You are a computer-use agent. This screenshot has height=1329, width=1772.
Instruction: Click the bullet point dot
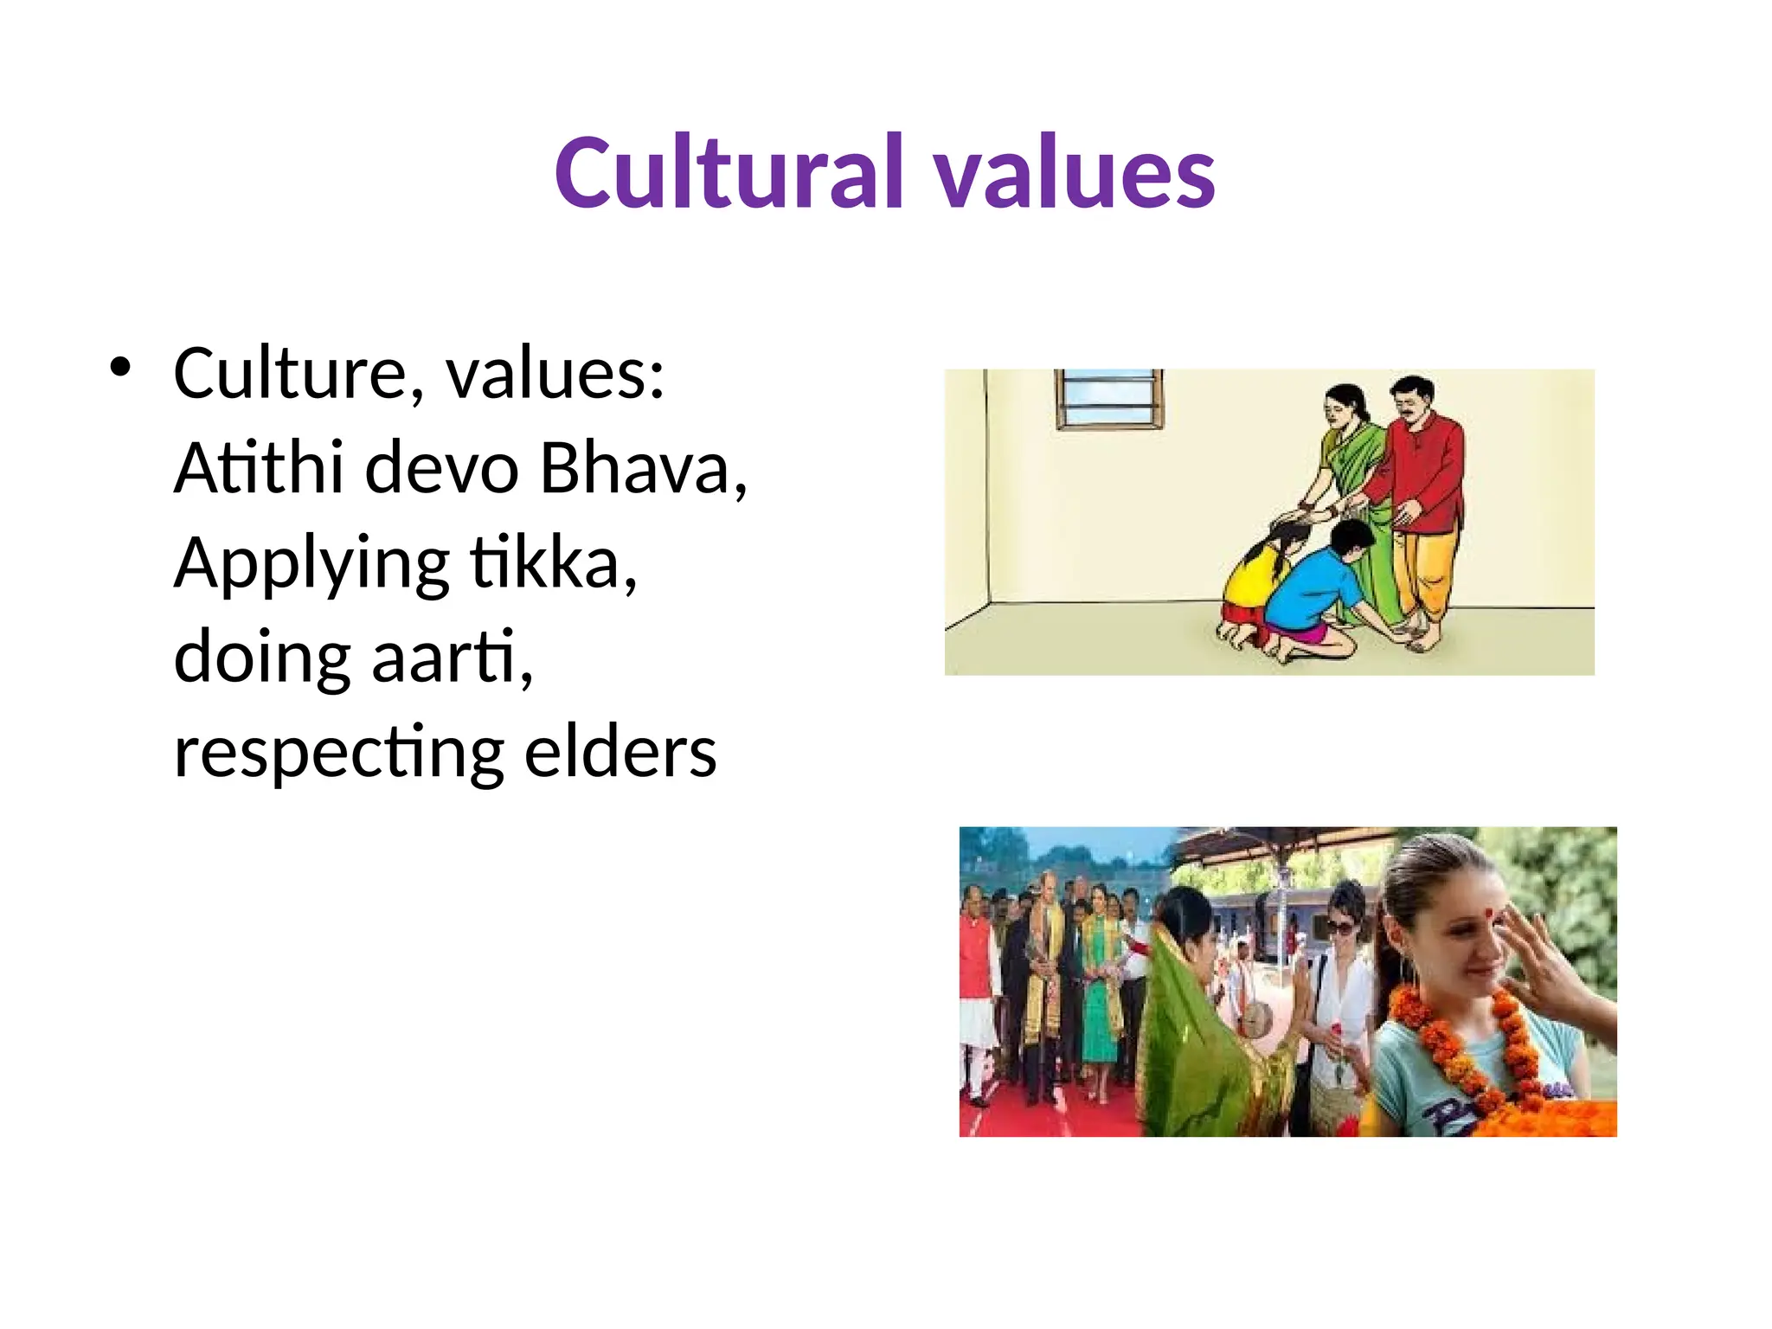pyautogui.click(x=120, y=368)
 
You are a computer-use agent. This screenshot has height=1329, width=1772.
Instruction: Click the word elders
pyautogui.click(x=620, y=751)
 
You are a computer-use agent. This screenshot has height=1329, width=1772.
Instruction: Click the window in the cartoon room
pyautogui.click(x=1108, y=399)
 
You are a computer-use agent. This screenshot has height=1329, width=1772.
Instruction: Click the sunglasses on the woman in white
pyautogui.click(x=1340, y=928)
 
